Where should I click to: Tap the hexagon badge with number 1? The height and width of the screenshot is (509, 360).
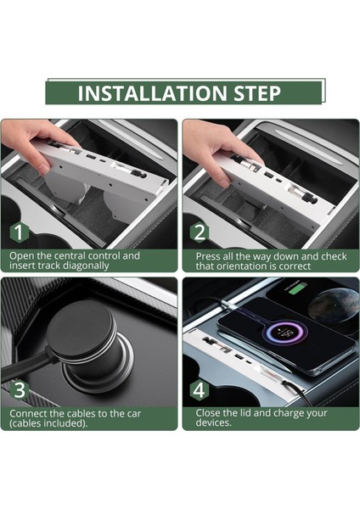[x=20, y=232]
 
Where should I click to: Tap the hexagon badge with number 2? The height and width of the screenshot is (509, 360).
[x=199, y=232]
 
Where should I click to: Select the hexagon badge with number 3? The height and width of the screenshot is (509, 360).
[x=20, y=390]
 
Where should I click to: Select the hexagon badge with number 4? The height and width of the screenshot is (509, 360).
[x=199, y=390]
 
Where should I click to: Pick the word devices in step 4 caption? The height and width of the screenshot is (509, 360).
[x=212, y=422]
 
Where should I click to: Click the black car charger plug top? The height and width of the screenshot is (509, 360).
[x=80, y=327]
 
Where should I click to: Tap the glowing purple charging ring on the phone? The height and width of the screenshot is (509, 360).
[x=287, y=333]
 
